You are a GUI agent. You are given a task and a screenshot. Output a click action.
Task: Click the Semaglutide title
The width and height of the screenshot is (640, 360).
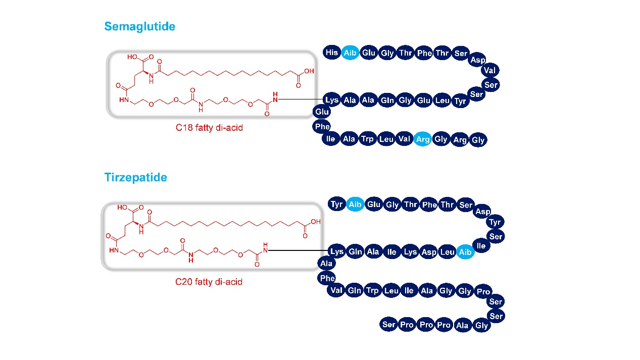(x=140, y=27)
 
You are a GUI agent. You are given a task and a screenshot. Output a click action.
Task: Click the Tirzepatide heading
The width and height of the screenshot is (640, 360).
(x=136, y=177)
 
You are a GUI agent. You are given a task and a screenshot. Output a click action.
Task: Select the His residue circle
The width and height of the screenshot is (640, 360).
(x=332, y=53)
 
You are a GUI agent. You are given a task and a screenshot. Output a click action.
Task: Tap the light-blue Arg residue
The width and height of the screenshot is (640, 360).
(x=423, y=139)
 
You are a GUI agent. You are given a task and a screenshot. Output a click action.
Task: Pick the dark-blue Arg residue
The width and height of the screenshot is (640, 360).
(x=460, y=139)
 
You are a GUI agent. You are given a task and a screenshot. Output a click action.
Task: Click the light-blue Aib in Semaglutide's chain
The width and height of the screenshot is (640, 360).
(x=350, y=53)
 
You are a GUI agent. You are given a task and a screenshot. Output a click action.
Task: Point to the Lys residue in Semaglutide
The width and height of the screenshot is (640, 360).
(x=332, y=100)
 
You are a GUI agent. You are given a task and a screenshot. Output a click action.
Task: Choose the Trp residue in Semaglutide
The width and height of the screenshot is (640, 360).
(x=367, y=139)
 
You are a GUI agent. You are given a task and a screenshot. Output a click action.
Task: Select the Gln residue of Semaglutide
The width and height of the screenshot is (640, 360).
(x=387, y=100)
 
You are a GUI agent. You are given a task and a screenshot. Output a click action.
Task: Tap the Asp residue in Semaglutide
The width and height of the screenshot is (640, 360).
(x=478, y=60)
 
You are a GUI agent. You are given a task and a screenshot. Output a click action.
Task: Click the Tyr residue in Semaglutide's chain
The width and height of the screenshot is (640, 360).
(x=460, y=101)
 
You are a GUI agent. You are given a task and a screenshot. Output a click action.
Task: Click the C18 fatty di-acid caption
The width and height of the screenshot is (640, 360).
(x=209, y=128)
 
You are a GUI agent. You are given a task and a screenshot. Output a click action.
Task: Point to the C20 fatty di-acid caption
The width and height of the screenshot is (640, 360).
(x=209, y=282)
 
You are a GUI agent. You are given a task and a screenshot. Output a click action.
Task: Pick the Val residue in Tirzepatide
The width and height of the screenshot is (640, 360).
(x=336, y=290)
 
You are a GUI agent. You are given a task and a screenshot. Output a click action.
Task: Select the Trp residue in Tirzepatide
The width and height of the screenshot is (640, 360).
(x=372, y=290)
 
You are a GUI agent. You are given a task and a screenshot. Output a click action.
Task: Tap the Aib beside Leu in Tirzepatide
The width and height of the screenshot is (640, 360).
(x=465, y=252)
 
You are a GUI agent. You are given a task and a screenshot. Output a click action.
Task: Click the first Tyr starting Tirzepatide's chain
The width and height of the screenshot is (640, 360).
(x=336, y=204)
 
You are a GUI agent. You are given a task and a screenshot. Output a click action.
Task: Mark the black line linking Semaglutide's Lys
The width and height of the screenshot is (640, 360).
(x=300, y=99)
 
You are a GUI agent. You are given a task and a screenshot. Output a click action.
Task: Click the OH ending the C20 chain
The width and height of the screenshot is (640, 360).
(x=316, y=222)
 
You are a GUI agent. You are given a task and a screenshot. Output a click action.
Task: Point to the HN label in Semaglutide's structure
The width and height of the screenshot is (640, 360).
(x=124, y=100)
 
